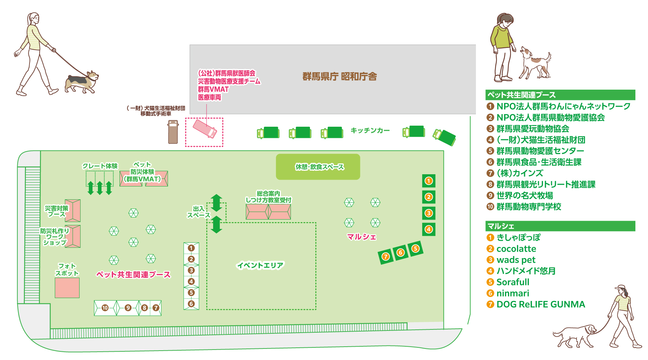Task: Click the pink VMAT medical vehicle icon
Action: tap(204, 129)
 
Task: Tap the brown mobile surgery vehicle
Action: tap(173, 132)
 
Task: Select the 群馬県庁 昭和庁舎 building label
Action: tap(339, 76)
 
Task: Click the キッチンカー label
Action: tap(370, 130)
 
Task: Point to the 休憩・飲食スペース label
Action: tap(319, 167)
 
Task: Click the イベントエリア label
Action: tap(260, 265)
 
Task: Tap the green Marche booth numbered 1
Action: tap(428, 181)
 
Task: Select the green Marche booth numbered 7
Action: tap(386, 257)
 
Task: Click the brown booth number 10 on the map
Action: tap(105, 308)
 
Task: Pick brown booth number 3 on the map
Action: tap(191, 270)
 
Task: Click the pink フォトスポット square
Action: tap(67, 288)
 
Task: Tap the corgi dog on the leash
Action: tap(82, 82)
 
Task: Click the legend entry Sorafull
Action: tap(513, 282)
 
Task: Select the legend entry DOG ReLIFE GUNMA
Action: tap(540, 304)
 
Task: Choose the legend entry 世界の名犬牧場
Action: tap(525, 195)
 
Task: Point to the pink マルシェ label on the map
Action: tap(361, 237)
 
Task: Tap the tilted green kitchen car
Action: tap(445, 137)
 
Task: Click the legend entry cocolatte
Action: tap(516, 249)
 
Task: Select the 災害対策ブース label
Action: tap(57, 211)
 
